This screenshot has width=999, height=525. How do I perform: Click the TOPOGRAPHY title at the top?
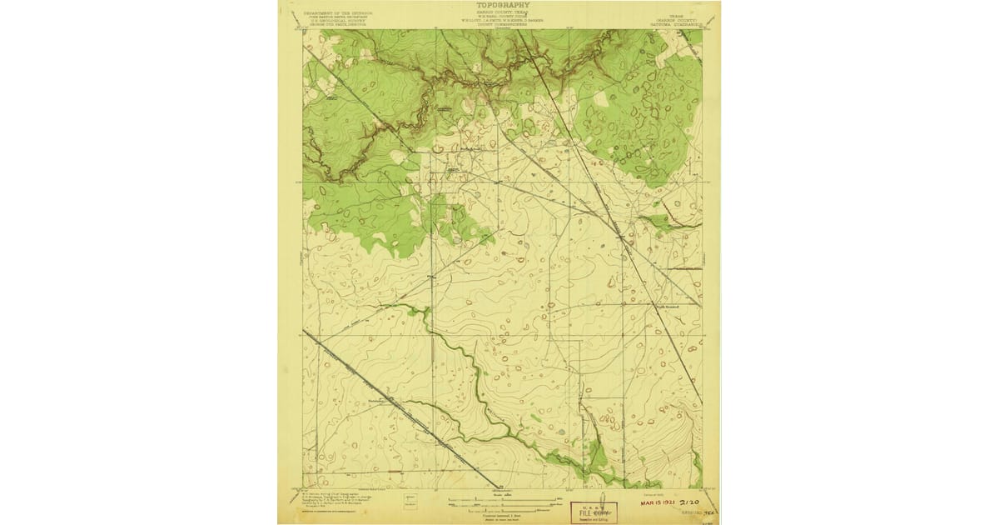499,5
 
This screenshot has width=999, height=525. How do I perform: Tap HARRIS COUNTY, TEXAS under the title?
499,12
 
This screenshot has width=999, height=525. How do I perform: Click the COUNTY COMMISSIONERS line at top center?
499,25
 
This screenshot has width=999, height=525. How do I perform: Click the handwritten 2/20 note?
690,504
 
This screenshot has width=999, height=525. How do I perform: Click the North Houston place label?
666,307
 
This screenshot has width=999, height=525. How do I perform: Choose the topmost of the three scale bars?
499,500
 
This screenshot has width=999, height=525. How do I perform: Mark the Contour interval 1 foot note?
499,516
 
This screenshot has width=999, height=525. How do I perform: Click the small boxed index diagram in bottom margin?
410,499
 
